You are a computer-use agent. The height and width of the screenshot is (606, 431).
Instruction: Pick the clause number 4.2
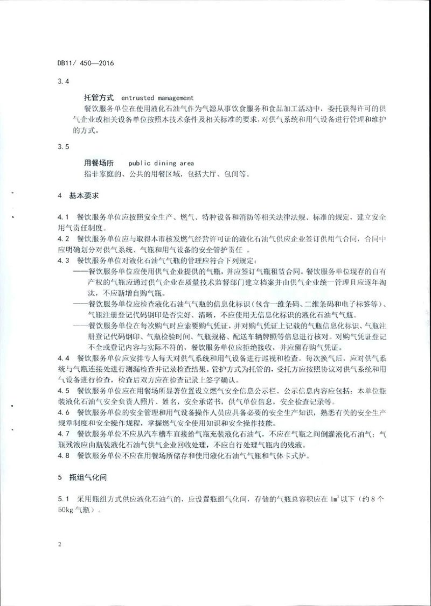point(64,238)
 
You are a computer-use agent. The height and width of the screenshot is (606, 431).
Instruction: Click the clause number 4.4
point(64,358)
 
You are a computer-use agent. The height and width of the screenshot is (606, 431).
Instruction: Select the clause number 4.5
point(64,390)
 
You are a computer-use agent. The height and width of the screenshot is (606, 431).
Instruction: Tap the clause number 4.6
point(64,412)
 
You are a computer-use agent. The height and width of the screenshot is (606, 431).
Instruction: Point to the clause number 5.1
point(64,498)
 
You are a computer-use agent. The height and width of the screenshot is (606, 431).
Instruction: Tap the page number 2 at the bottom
point(59,545)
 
